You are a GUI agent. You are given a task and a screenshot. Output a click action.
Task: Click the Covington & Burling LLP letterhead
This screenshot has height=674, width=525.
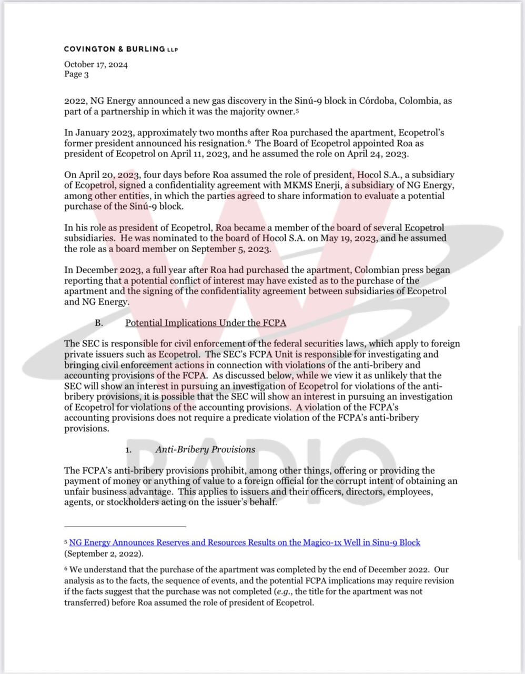coord(121,49)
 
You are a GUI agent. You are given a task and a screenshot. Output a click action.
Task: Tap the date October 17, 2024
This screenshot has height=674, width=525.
coord(96,65)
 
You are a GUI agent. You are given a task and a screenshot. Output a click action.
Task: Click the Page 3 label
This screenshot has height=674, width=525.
coord(76,74)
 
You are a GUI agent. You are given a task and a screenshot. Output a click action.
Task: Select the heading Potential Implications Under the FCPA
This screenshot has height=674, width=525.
coord(205,323)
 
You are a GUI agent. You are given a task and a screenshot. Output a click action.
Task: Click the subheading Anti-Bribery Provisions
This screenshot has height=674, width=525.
coord(205,449)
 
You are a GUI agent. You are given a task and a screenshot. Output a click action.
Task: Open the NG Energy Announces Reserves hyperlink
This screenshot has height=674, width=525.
coord(245,542)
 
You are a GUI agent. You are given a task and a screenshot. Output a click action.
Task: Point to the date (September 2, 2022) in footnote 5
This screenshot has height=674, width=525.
coord(104,553)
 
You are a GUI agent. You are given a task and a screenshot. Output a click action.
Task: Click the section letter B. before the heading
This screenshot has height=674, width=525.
coord(98,323)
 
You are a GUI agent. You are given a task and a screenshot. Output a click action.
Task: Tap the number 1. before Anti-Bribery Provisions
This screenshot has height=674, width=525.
coord(128,450)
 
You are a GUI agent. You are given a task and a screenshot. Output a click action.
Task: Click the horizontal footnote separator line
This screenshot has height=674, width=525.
coord(125,526)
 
